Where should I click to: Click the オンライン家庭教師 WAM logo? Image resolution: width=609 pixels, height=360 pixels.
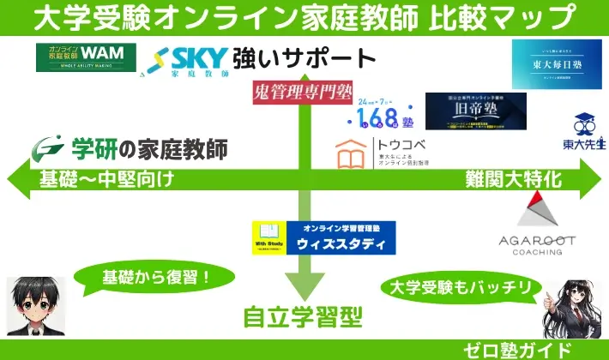tap(86, 57)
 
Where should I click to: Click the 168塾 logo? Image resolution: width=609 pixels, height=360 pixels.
tap(385, 111)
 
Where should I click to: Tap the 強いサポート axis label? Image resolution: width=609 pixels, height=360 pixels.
tap(304, 59)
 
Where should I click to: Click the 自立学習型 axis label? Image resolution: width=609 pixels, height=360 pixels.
tap(301, 316)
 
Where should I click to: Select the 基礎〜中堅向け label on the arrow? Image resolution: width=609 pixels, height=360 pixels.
tap(106, 180)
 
